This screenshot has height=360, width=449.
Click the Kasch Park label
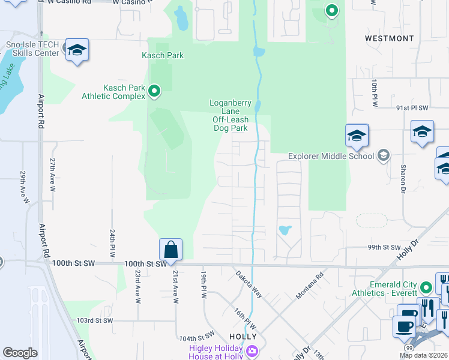tap(162, 55)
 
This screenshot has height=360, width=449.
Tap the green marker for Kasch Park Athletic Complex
tap(154, 92)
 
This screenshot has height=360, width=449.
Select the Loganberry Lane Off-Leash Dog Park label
tap(230, 115)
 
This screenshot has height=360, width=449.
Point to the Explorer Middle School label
tap(331, 157)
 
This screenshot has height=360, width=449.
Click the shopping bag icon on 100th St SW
tap(170, 249)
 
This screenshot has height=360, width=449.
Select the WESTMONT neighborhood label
tap(389, 38)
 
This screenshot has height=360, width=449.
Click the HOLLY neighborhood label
tap(243, 337)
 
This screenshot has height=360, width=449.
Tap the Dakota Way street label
tap(249, 283)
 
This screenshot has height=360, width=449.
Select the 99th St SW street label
tap(385, 247)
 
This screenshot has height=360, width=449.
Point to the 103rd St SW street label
tap(95, 320)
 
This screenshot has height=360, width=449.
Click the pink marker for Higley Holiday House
tap(252, 350)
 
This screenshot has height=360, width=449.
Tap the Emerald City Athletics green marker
tap(426, 287)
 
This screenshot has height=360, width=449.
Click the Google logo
tap(20, 353)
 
